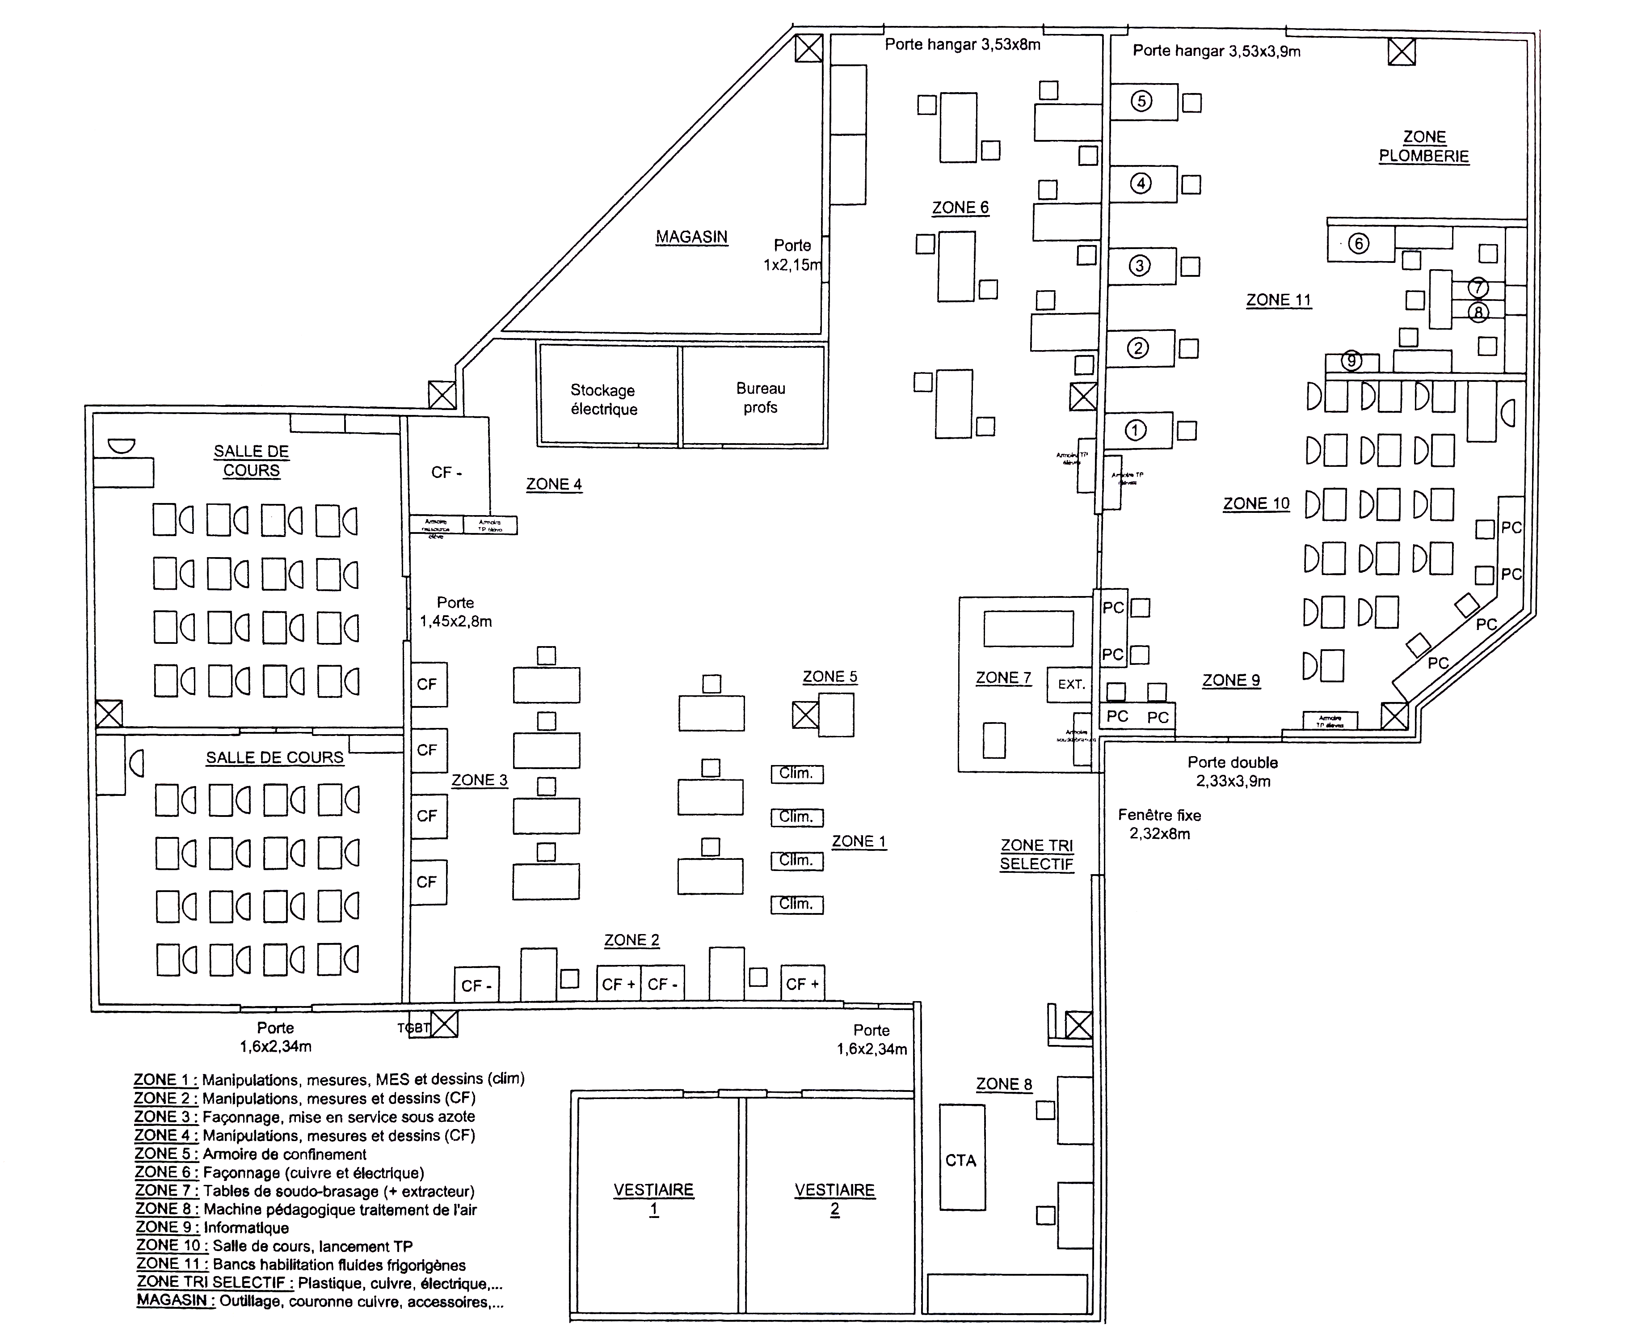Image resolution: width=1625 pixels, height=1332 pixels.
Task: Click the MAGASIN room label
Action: tap(691, 237)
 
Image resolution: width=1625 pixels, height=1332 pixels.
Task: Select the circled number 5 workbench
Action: tap(1143, 101)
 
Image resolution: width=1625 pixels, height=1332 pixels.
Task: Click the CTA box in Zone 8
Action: tap(961, 1160)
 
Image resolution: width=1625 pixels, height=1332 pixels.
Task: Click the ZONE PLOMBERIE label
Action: tap(1424, 147)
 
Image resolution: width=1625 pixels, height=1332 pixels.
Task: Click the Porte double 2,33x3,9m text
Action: tap(1232, 772)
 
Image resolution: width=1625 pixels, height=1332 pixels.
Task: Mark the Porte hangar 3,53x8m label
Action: tap(962, 45)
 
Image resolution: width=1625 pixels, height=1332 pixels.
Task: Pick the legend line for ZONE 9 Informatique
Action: tap(212, 1228)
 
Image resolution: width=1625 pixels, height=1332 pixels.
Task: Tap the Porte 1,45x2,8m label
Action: tap(455, 612)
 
